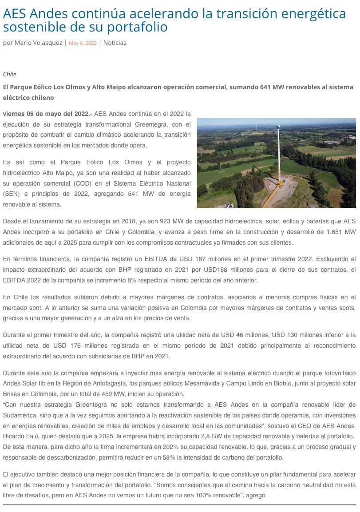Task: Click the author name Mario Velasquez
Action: [x=38, y=43]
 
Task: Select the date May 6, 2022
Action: [x=83, y=43]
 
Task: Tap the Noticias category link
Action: [x=115, y=43]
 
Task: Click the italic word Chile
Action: [x=9, y=74]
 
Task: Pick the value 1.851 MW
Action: [x=342, y=232]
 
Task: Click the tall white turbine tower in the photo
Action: [x=279, y=155]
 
